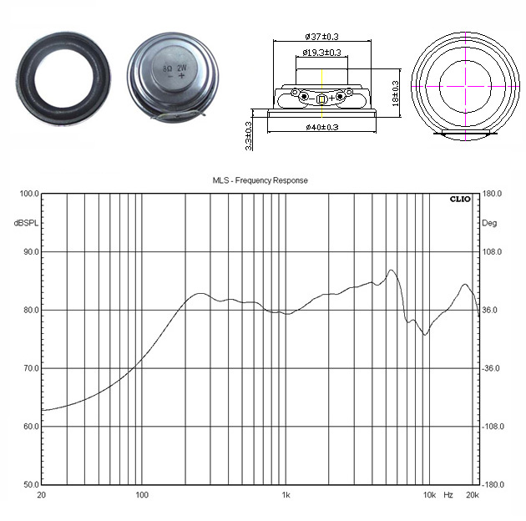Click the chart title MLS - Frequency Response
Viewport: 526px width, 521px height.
(260, 180)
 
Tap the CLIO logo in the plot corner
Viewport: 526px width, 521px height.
(460, 200)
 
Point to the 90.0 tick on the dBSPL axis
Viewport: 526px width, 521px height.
(31, 252)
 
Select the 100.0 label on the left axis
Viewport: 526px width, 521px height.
(29, 194)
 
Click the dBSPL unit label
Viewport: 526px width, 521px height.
(26, 223)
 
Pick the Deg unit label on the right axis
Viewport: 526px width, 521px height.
(489, 223)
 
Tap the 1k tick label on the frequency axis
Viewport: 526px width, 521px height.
(286, 495)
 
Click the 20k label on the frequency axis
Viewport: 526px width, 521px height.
(473, 495)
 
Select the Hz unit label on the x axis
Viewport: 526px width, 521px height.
(448, 495)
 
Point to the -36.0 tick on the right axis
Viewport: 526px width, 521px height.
(490, 369)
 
